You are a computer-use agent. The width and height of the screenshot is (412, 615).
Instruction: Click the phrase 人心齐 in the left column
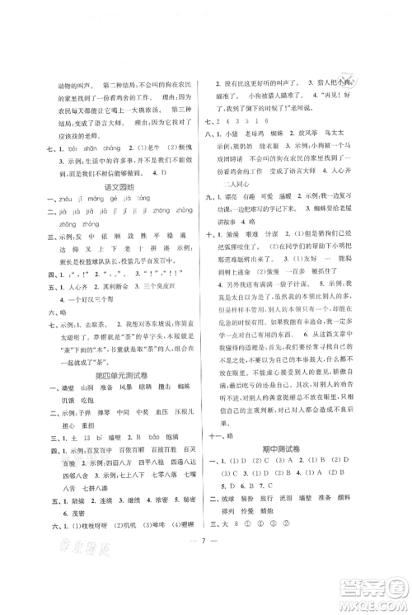[77, 314]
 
